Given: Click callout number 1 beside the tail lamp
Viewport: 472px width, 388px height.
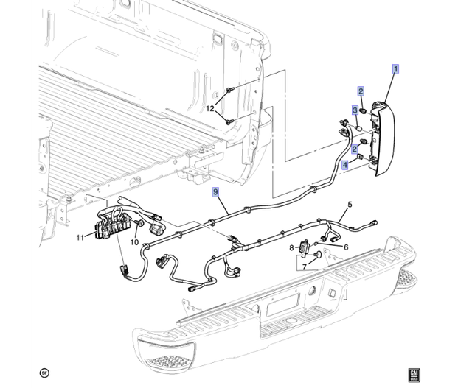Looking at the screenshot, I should click(x=396, y=70).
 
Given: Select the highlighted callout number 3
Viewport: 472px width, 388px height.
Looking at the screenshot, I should click(x=355, y=110).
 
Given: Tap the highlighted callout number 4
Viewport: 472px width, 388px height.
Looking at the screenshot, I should click(x=345, y=166).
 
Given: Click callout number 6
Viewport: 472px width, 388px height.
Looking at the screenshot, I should click(x=345, y=247).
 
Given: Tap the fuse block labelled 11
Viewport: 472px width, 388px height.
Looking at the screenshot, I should click(x=109, y=225).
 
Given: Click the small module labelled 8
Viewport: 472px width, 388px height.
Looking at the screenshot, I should click(x=302, y=250).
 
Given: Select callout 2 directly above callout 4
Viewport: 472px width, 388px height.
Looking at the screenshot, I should click(x=355, y=149).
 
